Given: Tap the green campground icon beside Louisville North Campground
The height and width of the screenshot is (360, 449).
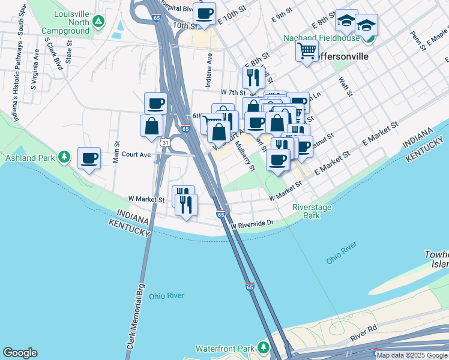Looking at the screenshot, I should coord(100,22).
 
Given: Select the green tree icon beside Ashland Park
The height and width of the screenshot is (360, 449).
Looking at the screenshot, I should coord(64,158).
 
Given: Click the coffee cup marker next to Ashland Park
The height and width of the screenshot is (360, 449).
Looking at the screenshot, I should coord(89,158).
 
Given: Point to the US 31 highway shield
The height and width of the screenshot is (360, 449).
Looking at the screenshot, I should coord(164,142).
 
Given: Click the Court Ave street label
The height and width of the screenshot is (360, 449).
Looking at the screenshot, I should coord(136,154).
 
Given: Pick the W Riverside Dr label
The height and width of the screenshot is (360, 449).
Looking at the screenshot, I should coord(252,223).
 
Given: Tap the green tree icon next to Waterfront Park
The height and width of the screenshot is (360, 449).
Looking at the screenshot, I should coord(263,348).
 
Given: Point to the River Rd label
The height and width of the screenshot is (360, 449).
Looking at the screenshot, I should coord(364,333).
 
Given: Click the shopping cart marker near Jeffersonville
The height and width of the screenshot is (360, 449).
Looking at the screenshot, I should coord(307,51).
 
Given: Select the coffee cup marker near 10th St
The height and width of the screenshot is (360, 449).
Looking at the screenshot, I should coord(204,13).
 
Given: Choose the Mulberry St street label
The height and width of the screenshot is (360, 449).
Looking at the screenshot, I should coord(246,155).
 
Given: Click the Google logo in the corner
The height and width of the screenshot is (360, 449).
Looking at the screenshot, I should coord(20,353).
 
